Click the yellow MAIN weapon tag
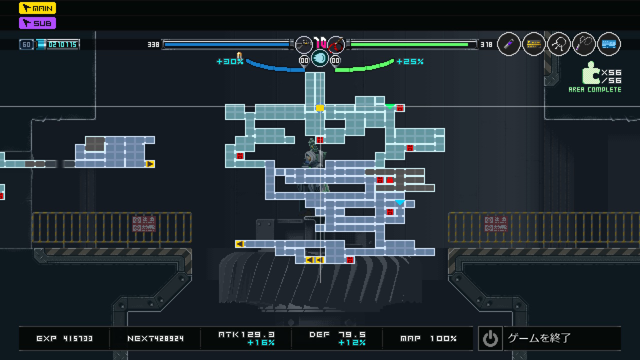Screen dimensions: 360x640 click(37, 8)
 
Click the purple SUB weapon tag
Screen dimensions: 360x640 click(37, 23)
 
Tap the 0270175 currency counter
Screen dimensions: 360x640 click(62, 44)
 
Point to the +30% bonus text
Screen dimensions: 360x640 click(230, 61)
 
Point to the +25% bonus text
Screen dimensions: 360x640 click(410, 61)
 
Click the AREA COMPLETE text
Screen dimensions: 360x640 click(595, 89)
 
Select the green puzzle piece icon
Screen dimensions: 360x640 click(590, 73)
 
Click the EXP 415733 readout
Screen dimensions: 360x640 click(64, 338)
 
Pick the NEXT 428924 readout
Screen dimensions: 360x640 click(155, 338)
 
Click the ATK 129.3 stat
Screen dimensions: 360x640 click(246, 335)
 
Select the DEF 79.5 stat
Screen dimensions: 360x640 click(337, 335)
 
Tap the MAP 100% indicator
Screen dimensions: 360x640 click(428, 338)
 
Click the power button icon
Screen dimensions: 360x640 click(490, 338)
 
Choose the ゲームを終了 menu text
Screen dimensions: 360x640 click(539, 338)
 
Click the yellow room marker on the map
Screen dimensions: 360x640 click(320, 108)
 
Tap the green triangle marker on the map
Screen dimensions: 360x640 click(389, 106)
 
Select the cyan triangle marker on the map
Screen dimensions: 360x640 click(400, 202)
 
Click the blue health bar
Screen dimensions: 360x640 click(227, 44)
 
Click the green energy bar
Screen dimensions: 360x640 click(410, 44)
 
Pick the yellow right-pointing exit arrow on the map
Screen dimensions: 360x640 click(149, 164)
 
